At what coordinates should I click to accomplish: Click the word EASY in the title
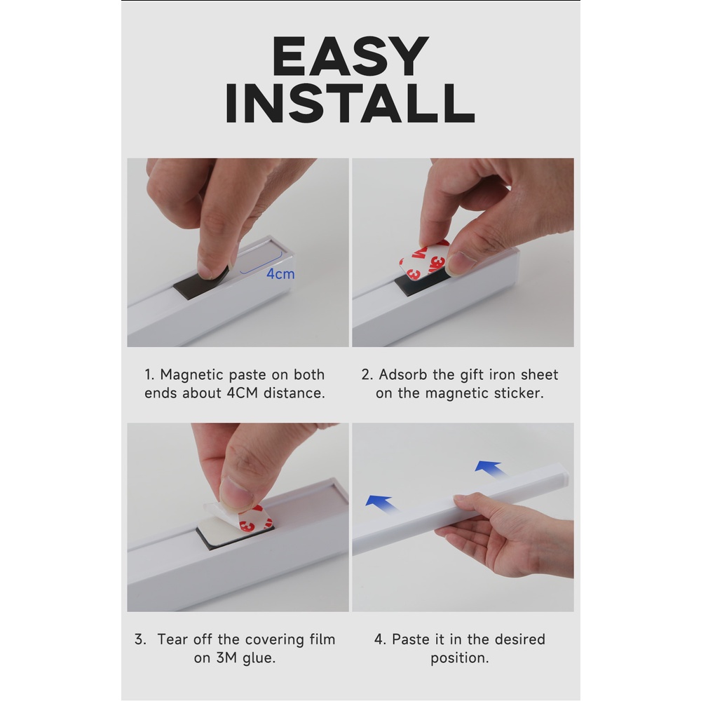pyautogui.click(x=350, y=56)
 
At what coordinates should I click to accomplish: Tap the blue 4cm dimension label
pyautogui.click(x=280, y=273)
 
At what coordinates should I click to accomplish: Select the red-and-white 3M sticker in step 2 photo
pyautogui.click(x=423, y=261)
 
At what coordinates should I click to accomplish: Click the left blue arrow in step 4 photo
pyautogui.click(x=381, y=504)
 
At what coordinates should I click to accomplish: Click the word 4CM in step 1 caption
pyautogui.click(x=243, y=393)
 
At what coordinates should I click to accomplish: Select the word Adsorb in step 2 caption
pyautogui.click(x=403, y=374)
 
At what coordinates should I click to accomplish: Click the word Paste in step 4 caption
pyautogui.click(x=411, y=639)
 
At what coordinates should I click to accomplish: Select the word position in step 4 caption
pyautogui.click(x=459, y=658)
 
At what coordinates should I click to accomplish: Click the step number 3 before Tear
pyautogui.click(x=139, y=639)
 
